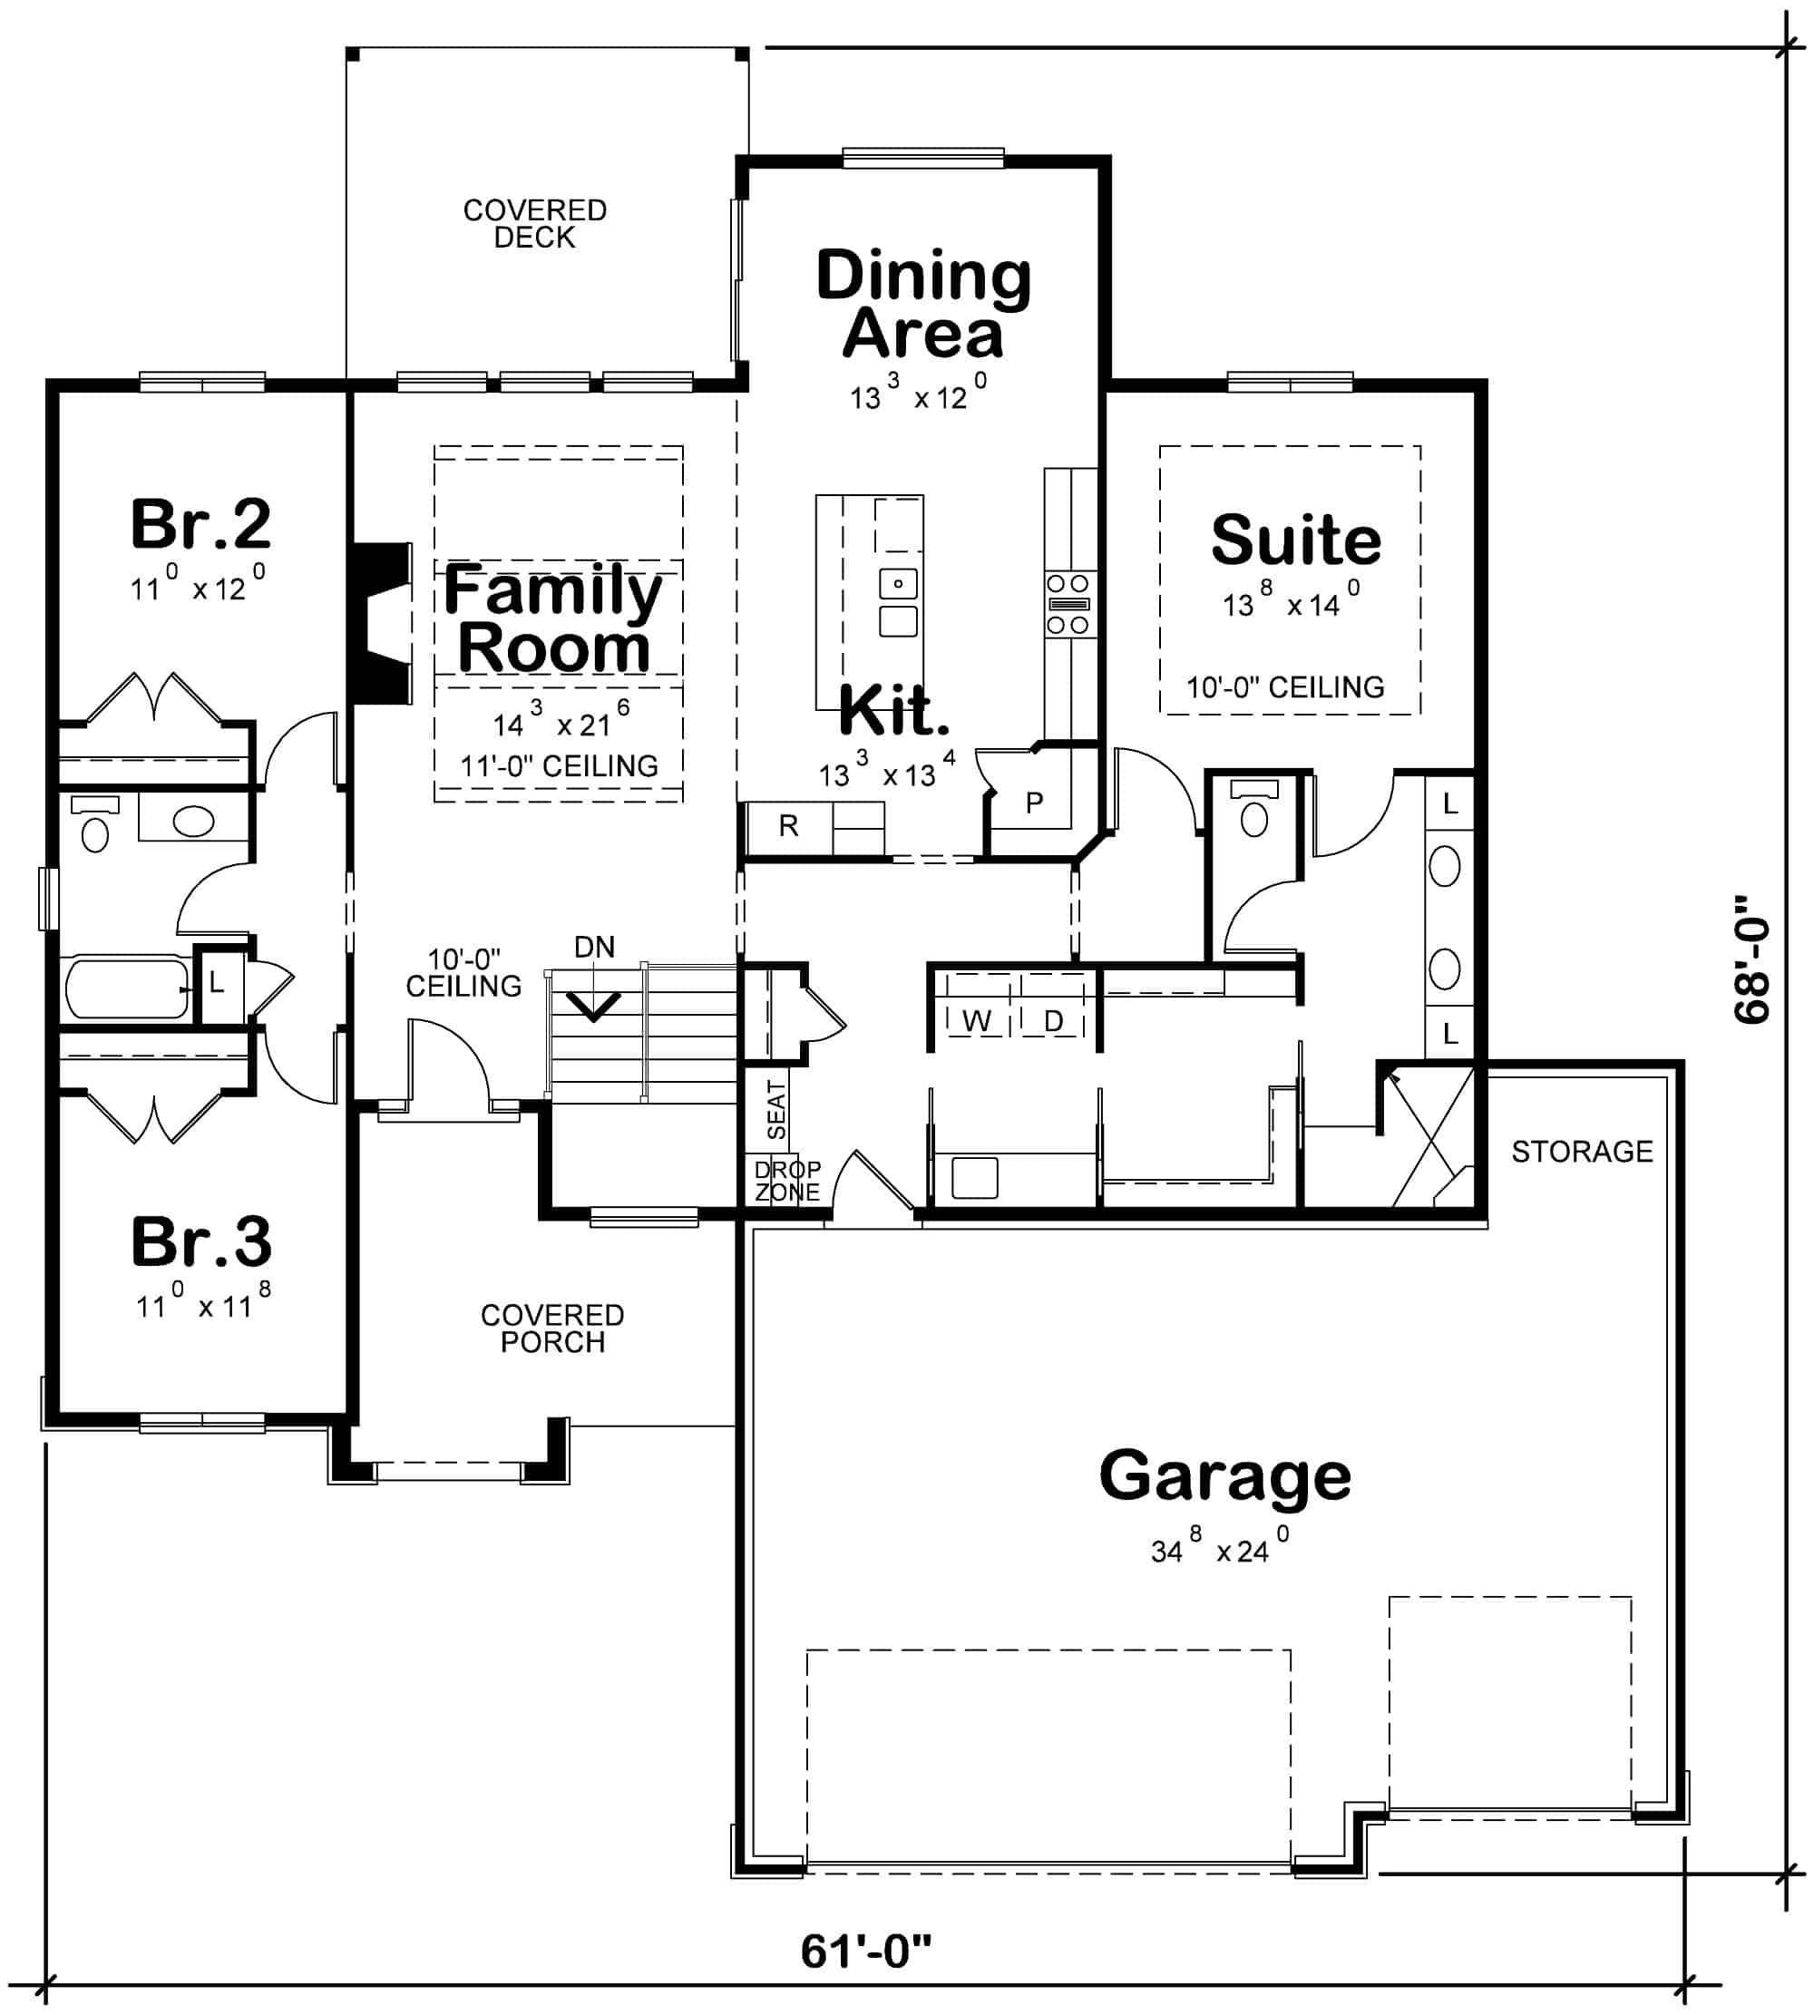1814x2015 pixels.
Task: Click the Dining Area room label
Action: pyautogui.click(x=923, y=304)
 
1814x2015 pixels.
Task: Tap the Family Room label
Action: pyautogui.click(x=553, y=618)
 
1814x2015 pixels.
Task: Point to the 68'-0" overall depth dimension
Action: pyautogui.click(x=1751, y=959)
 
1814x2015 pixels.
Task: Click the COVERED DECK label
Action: pyautogui.click(x=534, y=223)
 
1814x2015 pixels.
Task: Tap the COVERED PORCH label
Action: pyautogui.click(x=552, y=1329)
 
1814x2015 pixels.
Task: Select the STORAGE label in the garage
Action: pyautogui.click(x=1582, y=1152)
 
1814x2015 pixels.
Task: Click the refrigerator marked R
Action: pyautogui.click(x=788, y=825)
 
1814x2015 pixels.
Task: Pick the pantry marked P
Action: pyautogui.click(x=1035, y=802)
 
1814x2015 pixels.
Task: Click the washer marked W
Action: pyautogui.click(x=977, y=1020)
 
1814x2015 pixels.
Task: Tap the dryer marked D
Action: pyautogui.click(x=1054, y=1020)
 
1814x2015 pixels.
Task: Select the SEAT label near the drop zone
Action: pyautogui.click(x=776, y=1110)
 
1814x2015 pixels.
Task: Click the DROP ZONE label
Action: pyautogui.click(x=787, y=1180)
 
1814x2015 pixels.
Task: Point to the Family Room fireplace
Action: pyautogui.click(x=384, y=624)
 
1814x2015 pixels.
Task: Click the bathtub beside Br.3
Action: pyautogui.click(x=127, y=988)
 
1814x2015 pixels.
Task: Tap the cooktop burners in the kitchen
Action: pyautogui.click(x=1068, y=604)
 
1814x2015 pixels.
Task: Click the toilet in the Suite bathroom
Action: pyautogui.click(x=1255, y=814)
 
